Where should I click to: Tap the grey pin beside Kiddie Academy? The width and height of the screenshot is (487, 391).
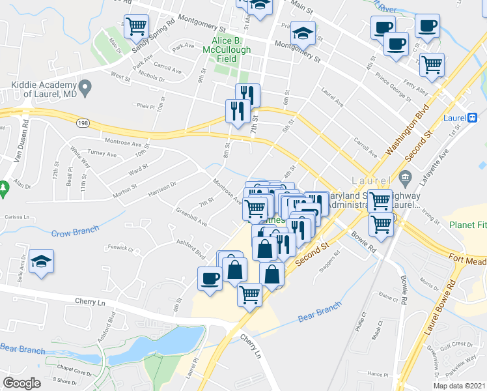85,85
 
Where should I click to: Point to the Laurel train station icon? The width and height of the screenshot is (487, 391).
472,118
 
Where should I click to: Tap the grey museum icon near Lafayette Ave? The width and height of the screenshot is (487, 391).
405,177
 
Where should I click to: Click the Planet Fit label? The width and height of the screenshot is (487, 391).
467,225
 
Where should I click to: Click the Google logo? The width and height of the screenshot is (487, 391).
21,383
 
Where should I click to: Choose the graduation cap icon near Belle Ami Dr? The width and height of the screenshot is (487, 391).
42,261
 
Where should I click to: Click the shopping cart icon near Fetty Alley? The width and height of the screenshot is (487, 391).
432,64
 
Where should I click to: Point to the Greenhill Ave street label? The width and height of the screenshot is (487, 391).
191,218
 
